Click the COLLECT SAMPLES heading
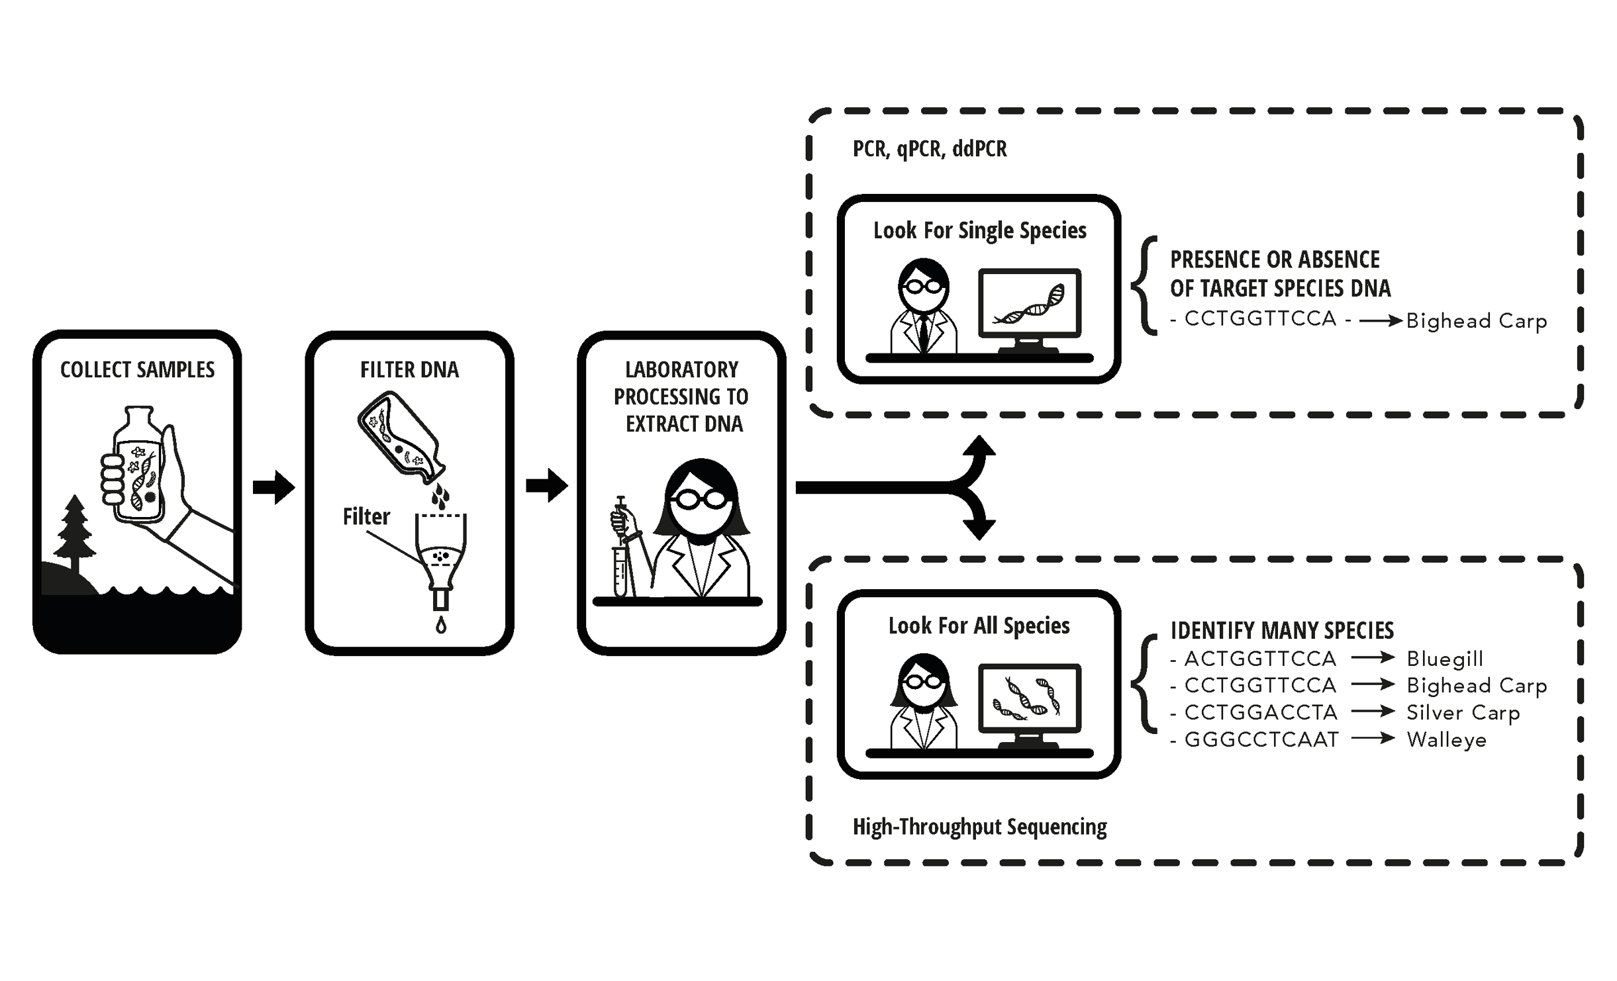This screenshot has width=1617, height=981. pyautogui.click(x=137, y=369)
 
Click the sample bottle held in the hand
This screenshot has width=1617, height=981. pyautogui.click(x=138, y=467)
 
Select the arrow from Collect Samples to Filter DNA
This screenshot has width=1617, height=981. pyautogui.click(x=273, y=487)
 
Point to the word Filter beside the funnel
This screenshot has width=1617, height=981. pyautogui.click(x=366, y=516)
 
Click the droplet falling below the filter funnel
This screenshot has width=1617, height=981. pyautogui.click(x=441, y=625)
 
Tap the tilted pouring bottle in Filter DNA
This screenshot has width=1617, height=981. pyautogui.click(x=400, y=435)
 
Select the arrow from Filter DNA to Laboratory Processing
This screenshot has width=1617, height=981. pyautogui.click(x=546, y=486)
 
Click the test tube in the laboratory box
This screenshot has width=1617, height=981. pyautogui.click(x=620, y=571)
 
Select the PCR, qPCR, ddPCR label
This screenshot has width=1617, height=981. pyautogui.click(x=929, y=149)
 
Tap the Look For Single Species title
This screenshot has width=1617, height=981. pyautogui.click(x=979, y=230)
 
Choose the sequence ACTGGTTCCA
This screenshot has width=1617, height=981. pyautogui.click(x=1260, y=659)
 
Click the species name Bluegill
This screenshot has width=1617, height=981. pyautogui.click(x=1445, y=659)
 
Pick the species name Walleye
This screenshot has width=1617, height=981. pyautogui.click(x=1446, y=739)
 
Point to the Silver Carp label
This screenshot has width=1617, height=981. pyautogui.click(x=1463, y=712)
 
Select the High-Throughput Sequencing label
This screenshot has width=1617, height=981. pyautogui.click(x=979, y=827)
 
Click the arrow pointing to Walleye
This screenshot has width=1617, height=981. pyautogui.click(x=1373, y=738)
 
